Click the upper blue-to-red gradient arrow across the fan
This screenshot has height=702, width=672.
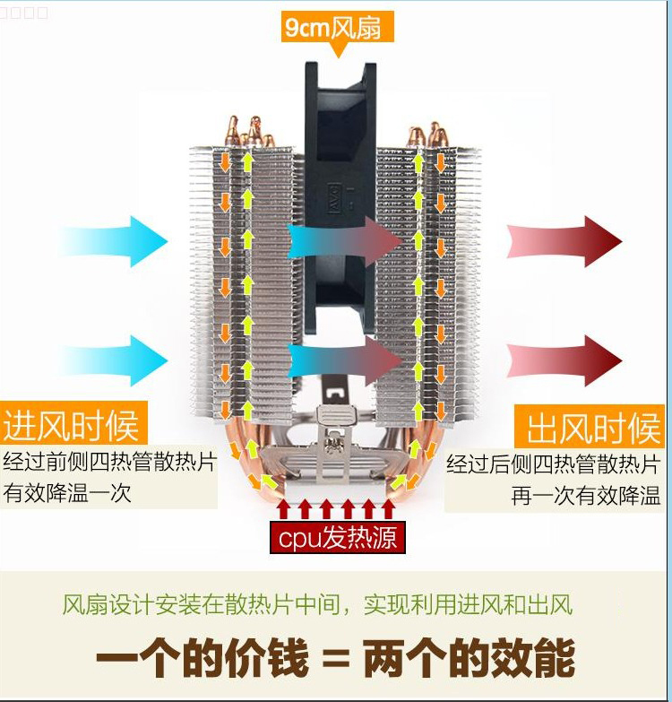point(345,241)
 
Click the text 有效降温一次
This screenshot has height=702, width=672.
point(68,493)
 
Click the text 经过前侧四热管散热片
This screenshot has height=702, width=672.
point(109,464)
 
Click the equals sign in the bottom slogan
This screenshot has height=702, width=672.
point(335,662)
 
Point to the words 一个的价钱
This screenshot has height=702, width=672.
point(202,661)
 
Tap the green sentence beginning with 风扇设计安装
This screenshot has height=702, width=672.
point(317,604)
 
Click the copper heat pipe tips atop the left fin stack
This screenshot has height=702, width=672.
point(250,132)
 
